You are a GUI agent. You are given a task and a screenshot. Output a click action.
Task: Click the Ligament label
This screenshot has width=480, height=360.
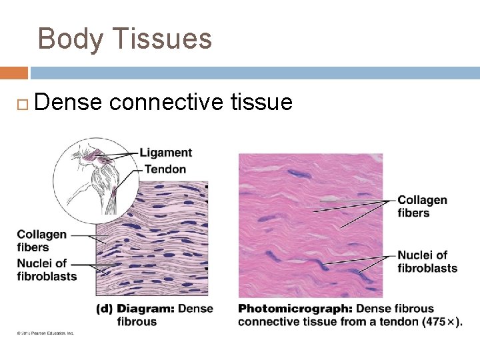[166, 153]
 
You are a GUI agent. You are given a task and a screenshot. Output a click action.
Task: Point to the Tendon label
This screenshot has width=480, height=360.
[165, 169]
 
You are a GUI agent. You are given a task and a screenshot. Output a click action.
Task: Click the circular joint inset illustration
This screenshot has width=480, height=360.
[93, 179]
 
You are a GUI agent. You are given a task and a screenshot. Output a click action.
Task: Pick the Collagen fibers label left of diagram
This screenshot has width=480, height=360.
[41, 241]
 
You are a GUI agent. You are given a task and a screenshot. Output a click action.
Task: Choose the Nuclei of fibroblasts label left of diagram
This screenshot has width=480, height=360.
[47, 269]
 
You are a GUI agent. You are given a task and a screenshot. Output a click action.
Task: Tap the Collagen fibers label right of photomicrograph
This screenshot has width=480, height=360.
[422, 206]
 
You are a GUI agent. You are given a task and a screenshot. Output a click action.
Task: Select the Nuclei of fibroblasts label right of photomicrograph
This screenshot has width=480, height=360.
[427, 261]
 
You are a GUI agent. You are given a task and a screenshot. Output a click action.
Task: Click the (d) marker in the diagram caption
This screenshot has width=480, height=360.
[104, 309]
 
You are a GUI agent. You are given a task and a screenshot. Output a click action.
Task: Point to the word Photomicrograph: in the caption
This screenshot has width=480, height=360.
[295, 309]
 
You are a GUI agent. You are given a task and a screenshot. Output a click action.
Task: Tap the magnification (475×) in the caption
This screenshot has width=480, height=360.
[442, 322]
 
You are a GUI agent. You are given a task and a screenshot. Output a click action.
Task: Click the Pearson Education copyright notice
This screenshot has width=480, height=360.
[41, 333]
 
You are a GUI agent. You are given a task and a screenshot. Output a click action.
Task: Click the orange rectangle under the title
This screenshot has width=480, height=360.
[13, 73]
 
